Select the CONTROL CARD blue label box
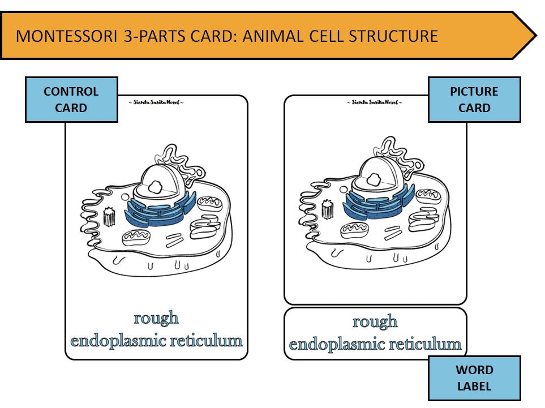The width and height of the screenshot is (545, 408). point(71,100)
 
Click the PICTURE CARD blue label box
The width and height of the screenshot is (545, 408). point(474,100)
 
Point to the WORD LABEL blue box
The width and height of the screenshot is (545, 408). point(474,378)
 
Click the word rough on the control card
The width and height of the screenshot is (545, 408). point(156,318)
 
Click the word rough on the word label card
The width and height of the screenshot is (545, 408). point(375,322)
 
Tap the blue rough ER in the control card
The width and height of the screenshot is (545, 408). point(161,211)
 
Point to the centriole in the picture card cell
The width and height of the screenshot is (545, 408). point(328,208)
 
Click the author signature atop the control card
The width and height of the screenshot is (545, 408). point(156,102)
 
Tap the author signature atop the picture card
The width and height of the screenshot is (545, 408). point(375,102)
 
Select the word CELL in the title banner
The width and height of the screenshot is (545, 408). point(321,36)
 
